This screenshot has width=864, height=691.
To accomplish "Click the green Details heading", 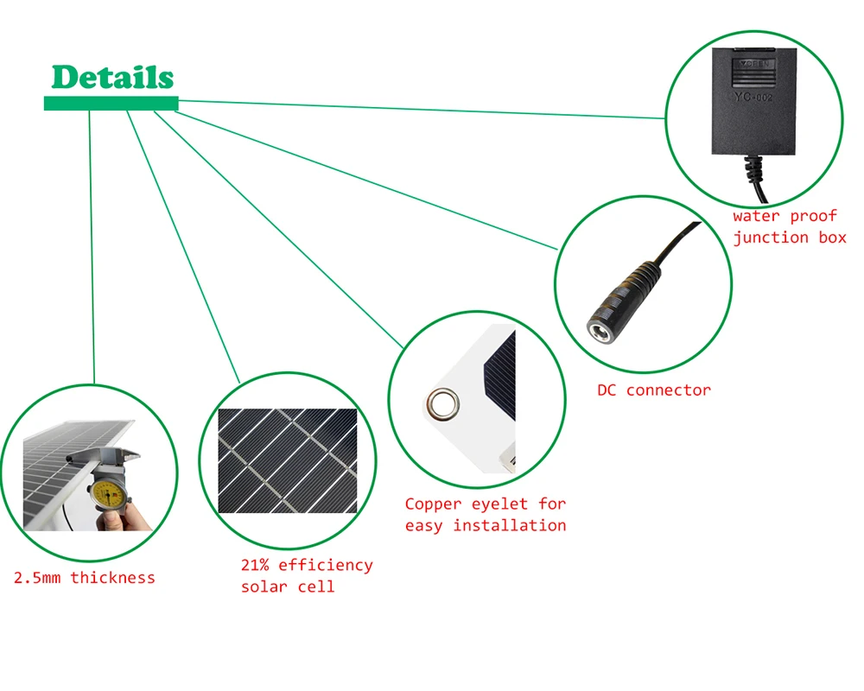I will coord(112,77).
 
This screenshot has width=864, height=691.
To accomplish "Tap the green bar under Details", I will coord(111,104).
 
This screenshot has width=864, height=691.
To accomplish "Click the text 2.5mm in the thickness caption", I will coord(37,578).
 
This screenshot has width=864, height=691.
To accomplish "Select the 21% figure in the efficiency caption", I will coord(256,566).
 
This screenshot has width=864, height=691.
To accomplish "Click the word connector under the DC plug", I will coord(669,390).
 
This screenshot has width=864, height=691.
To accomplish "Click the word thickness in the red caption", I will coord(112,578).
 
